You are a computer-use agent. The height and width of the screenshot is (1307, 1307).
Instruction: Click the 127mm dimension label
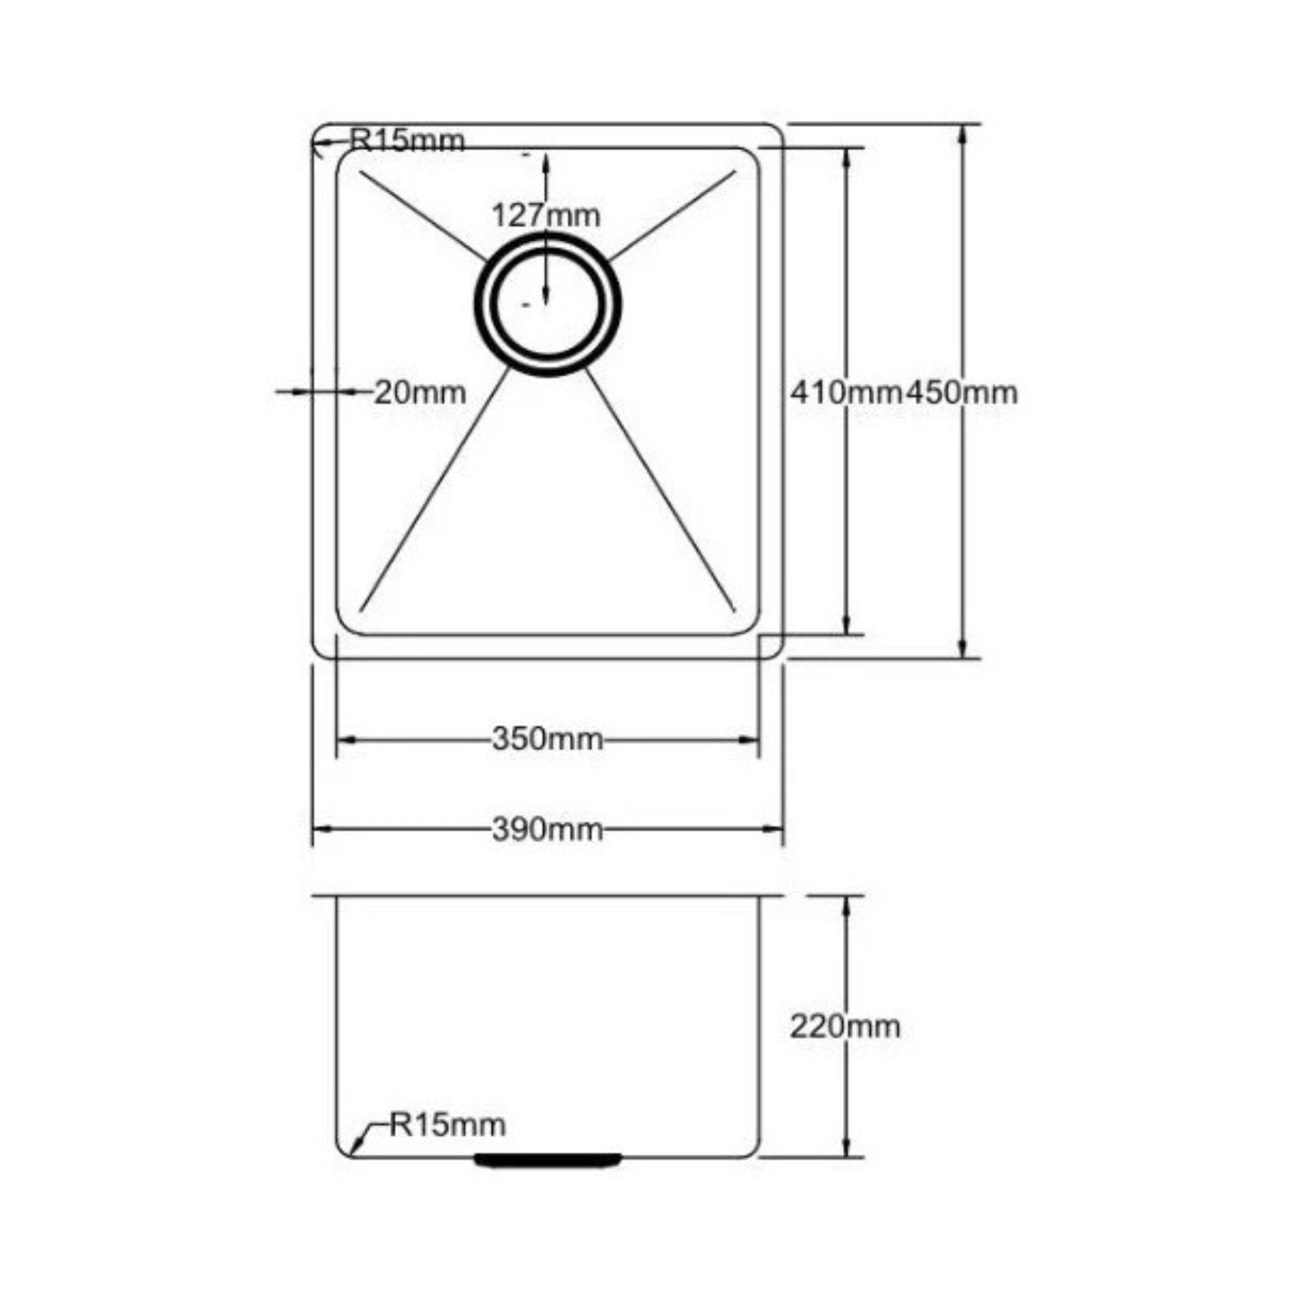546,216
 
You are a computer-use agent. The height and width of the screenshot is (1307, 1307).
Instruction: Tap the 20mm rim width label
420,392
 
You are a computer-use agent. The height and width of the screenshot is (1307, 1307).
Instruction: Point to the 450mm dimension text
961,392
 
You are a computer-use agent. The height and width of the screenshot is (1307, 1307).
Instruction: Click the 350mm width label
548,739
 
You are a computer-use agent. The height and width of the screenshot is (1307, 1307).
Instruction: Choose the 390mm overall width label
548,830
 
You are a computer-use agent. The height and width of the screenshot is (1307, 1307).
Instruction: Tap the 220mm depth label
845,1027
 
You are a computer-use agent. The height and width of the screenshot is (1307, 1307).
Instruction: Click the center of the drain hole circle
547,304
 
